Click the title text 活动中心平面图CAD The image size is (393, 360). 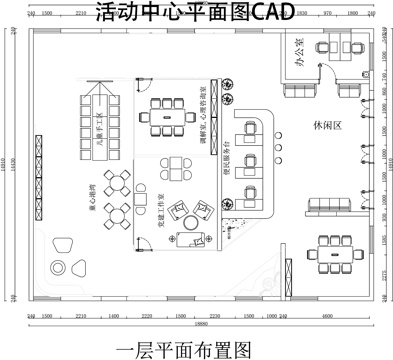(x=196, y=14)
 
